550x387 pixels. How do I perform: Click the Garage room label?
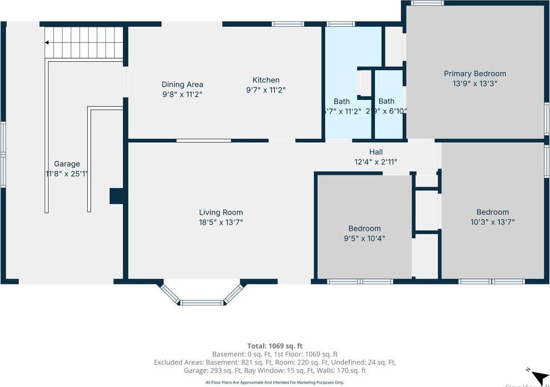click(x=67, y=164)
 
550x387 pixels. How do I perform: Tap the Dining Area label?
click(x=182, y=85)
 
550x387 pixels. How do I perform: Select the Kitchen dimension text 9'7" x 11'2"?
click(x=266, y=90)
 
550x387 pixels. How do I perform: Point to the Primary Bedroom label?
click(x=475, y=74)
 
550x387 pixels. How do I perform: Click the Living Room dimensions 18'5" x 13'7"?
click(x=221, y=222)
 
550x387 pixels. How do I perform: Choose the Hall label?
click(x=376, y=152)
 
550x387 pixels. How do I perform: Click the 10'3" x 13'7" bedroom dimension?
click(x=493, y=222)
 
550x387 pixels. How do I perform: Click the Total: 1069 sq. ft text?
click(x=275, y=346)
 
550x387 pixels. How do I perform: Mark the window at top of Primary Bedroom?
click(x=427, y=3)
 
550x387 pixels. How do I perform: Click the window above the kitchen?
click(x=288, y=24)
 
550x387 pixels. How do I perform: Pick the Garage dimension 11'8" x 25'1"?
click(x=67, y=174)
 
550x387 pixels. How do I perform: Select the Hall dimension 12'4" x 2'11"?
click(x=376, y=162)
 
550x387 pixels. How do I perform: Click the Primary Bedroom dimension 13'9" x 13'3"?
click(x=475, y=84)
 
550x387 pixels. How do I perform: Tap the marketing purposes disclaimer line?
click(x=275, y=383)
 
